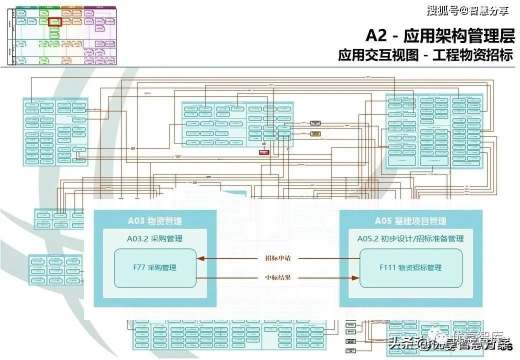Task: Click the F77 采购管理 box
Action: pos(154,268)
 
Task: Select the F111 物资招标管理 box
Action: pos(410,268)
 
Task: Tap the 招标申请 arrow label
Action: pos(278,258)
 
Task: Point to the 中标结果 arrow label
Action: pos(278,277)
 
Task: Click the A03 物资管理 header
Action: pos(155,221)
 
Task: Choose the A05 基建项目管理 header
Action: pos(410,221)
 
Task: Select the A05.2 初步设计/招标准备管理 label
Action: pos(410,238)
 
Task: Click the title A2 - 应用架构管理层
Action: pos(439,36)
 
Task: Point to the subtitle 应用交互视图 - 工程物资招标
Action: pos(425,55)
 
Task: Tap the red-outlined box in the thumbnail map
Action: pos(55,22)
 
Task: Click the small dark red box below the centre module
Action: pos(264,152)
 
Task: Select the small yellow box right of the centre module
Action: pos(315,133)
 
